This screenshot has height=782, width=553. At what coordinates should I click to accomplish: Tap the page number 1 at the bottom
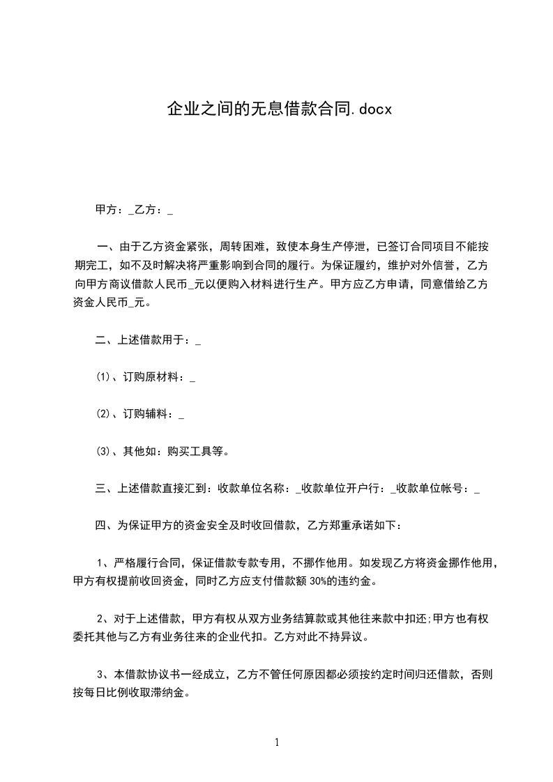coord(277,742)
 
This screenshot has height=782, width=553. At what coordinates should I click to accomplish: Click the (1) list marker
coord(103,378)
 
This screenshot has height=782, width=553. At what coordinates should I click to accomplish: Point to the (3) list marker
coord(103,451)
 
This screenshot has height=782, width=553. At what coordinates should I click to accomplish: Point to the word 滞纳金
coord(172,694)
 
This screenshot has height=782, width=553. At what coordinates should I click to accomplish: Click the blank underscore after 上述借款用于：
coord(199,342)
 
